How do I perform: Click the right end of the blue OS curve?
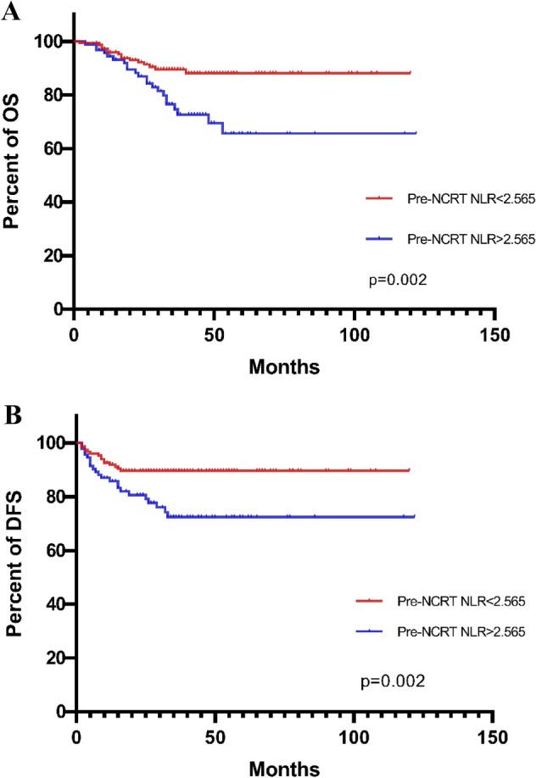coord(416,133)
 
